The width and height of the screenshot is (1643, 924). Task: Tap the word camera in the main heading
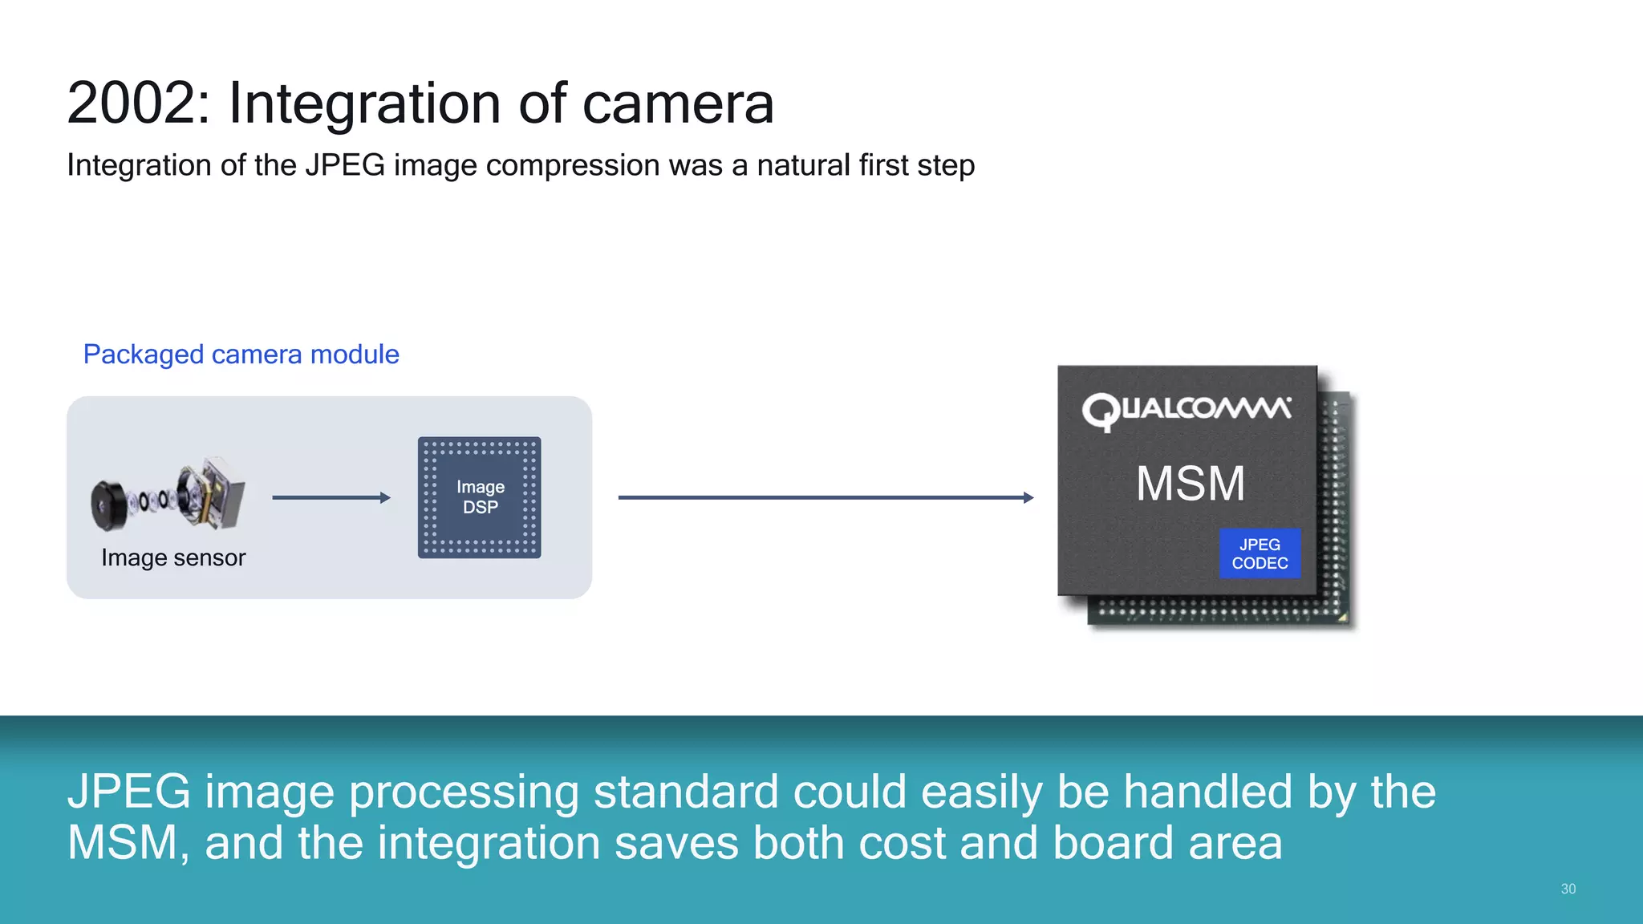677,103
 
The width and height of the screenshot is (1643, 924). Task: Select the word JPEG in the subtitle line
345,165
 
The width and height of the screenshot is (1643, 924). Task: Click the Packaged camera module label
241,355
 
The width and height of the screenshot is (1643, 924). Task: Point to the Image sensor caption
173,557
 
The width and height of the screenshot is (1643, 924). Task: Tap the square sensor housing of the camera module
217,491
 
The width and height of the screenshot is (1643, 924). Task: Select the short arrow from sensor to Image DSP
331,498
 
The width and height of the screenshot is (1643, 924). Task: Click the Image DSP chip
480,497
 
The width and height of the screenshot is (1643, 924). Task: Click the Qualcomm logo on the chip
1187,410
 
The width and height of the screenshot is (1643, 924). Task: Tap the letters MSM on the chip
1191,484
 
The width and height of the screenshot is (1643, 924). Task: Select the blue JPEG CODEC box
1260,553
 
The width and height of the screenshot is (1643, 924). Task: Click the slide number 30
1568,889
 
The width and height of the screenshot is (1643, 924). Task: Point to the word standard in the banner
685,792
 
